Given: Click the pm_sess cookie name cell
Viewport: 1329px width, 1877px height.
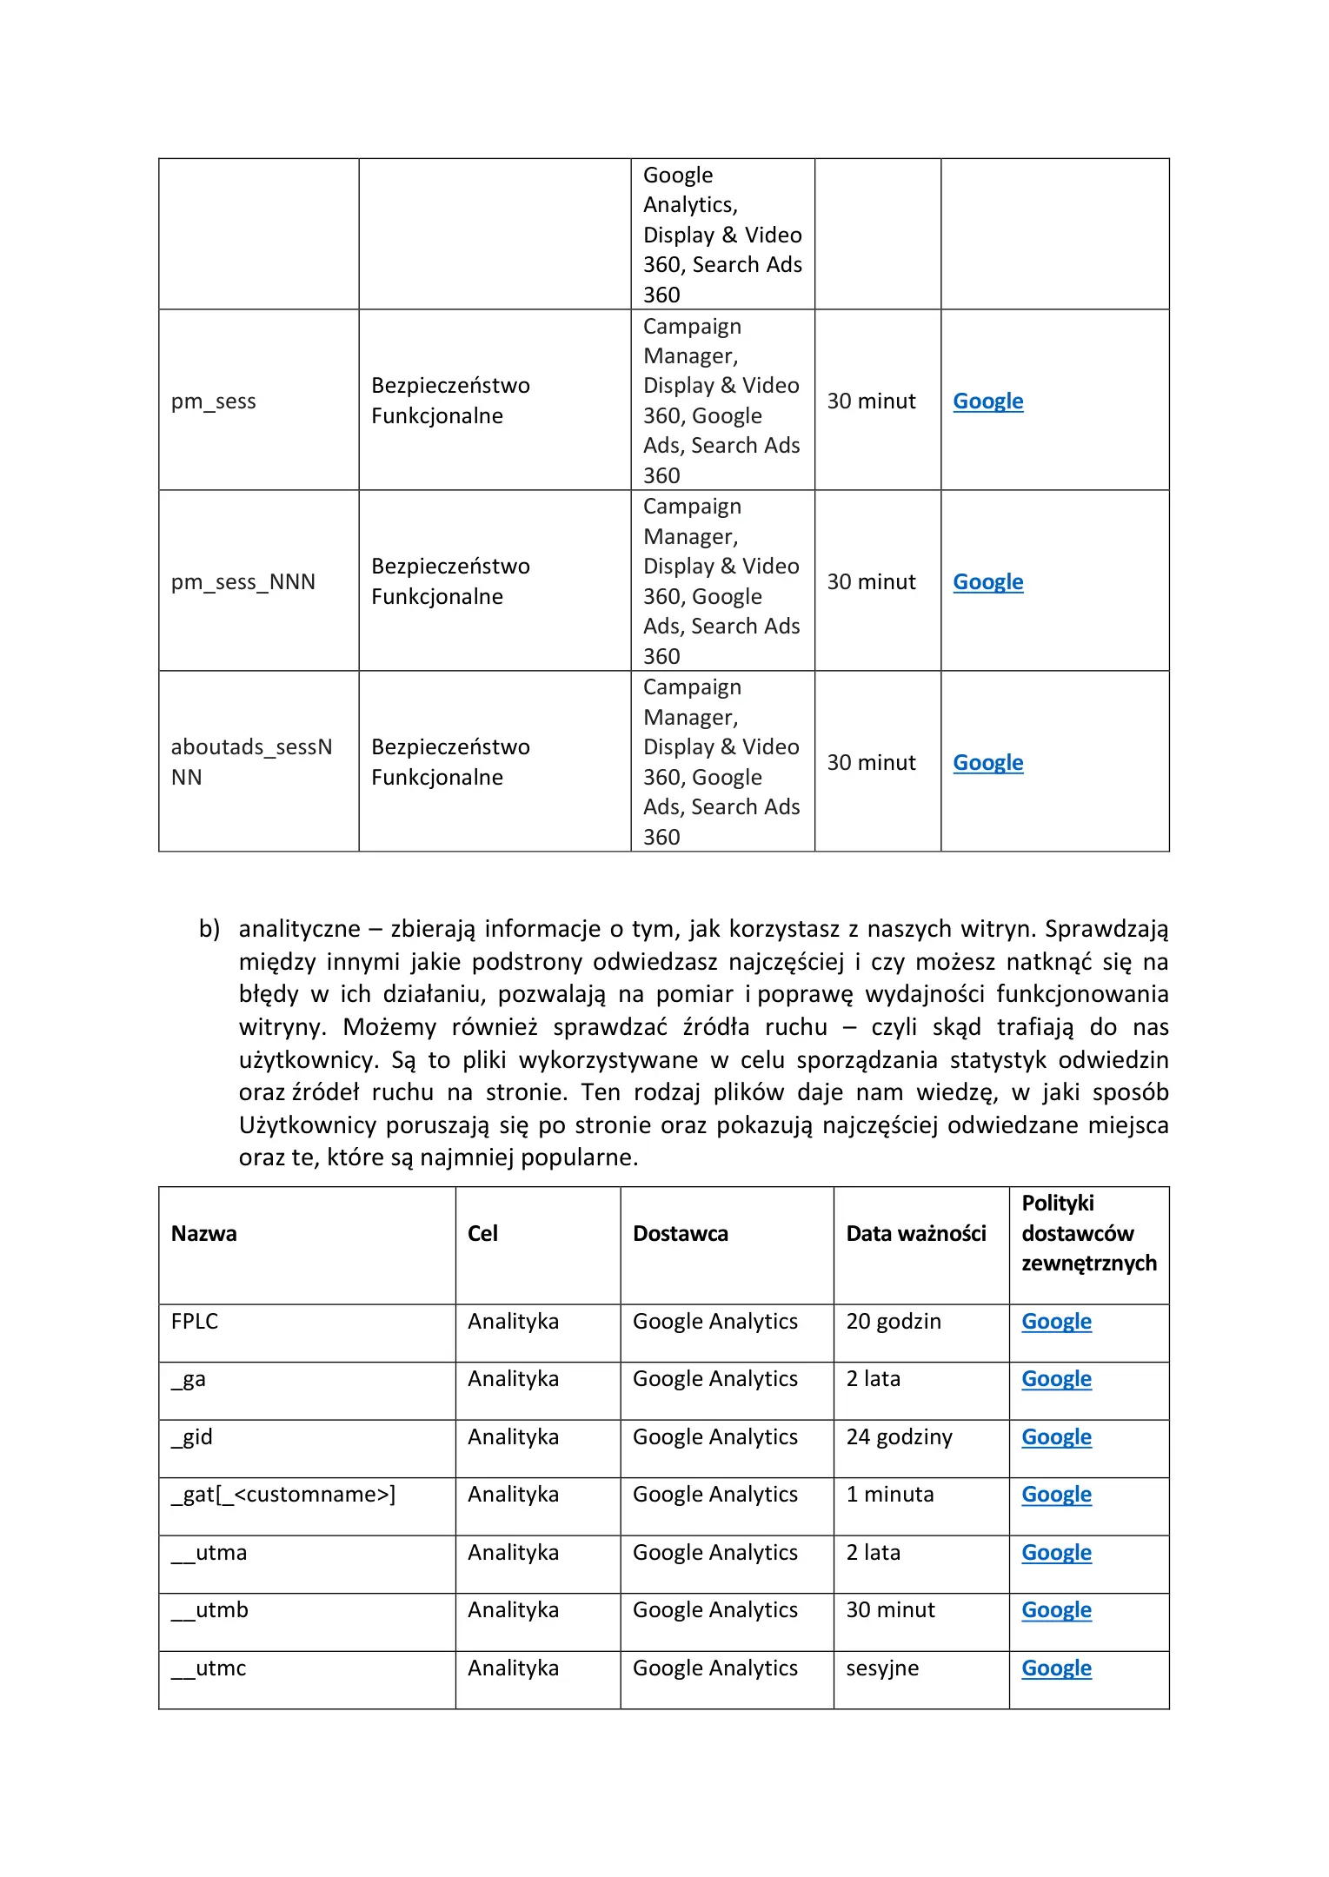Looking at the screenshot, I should pos(214,401).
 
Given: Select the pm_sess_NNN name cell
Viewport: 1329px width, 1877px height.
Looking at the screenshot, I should pos(243,582).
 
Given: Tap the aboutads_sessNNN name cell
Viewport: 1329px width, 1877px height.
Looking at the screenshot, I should pos(251,762).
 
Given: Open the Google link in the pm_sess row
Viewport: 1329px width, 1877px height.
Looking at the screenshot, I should pos(987,401).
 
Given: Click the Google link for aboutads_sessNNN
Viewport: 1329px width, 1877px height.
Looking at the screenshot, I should pos(987,763).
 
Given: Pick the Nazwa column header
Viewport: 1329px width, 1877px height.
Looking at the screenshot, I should pos(204,1233).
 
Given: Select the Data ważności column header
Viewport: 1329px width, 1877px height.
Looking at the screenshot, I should pos(916,1233).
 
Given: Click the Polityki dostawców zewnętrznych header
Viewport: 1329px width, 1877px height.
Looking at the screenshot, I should pos(1088,1233).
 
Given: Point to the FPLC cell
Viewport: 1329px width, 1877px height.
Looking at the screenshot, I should pos(195,1322).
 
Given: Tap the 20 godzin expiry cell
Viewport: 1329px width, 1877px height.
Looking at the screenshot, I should pos(894,1322).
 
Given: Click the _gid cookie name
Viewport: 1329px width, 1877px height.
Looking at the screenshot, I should pos(192,1437).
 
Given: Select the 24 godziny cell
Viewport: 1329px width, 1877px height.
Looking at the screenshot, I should pos(899,1437).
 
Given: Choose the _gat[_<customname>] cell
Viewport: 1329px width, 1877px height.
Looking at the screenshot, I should pos(283,1495).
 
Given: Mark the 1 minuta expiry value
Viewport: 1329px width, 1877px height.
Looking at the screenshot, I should pos(890,1495).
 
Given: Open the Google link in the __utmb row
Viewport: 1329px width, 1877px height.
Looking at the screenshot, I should pos(1056,1610).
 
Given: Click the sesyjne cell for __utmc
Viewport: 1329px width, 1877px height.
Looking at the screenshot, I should pos(882,1668).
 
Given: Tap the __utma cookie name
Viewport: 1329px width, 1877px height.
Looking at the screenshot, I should pos(209,1553).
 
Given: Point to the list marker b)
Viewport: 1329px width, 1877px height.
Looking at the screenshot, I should pos(209,929).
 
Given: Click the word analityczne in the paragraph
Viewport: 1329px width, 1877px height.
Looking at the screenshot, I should pos(299,929).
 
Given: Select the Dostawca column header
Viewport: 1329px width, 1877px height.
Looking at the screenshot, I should pos(681,1233).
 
